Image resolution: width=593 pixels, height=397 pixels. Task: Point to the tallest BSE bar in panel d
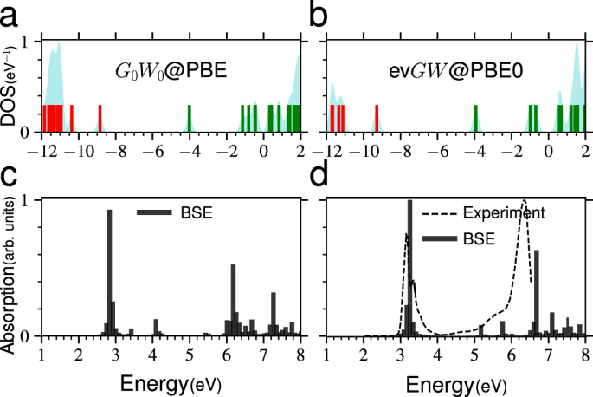(x=409, y=268)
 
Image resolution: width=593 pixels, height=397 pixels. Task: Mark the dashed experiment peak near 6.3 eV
(x=524, y=202)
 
